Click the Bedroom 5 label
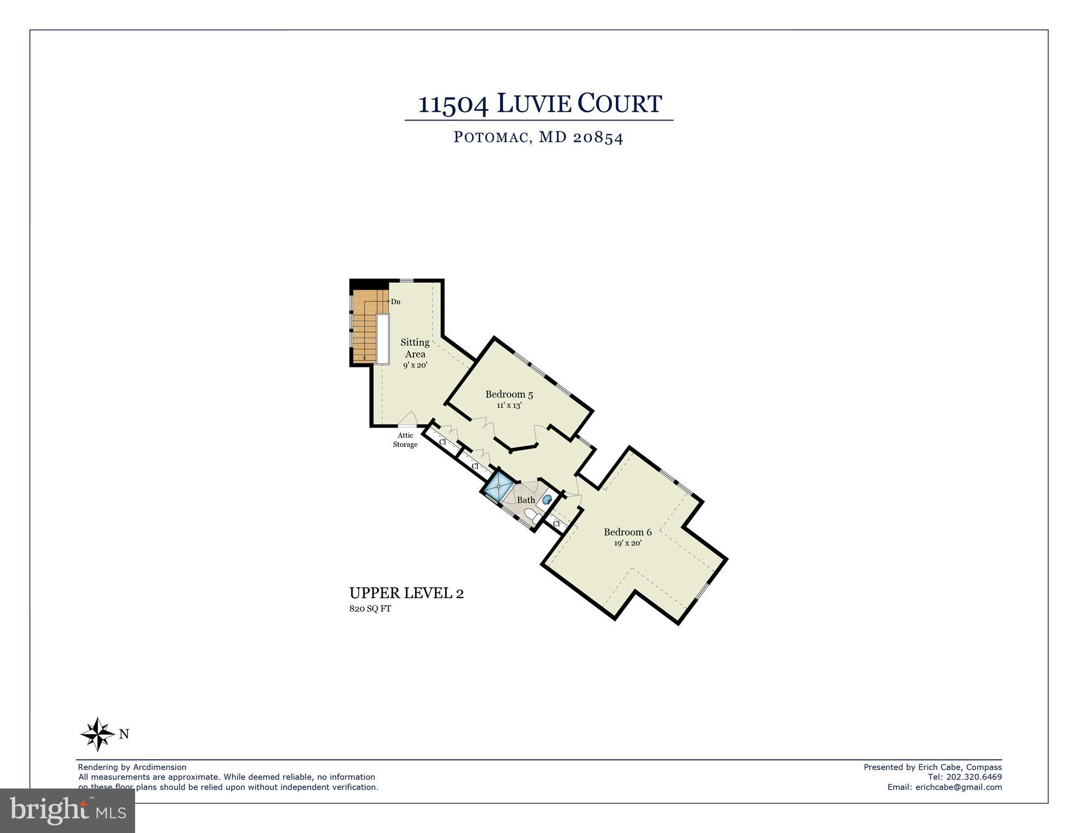coord(505,395)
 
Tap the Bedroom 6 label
coord(628,532)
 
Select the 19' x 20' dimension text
coord(628,543)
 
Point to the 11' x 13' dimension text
coord(509,405)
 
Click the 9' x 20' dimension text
coord(415,365)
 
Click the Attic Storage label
coord(405,440)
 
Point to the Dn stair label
coord(396,302)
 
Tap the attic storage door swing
coord(408,419)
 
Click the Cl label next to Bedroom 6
coord(556,524)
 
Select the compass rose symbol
coord(98,734)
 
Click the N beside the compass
coord(124,734)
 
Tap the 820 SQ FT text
coord(370,609)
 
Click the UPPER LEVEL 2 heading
coord(406,593)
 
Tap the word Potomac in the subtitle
coord(491,137)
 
